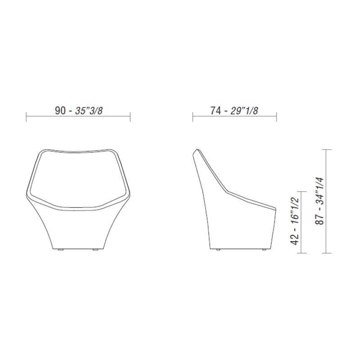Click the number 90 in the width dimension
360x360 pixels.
click(60, 111)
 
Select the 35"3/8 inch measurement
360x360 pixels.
click(89, 111)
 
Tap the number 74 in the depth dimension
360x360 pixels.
click(216, 111)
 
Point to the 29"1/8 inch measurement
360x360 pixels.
click(244, 111)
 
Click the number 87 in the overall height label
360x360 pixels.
click(319, 220)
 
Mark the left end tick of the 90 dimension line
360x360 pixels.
click(26, 117)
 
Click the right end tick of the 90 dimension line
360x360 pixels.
click(130, 117)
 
